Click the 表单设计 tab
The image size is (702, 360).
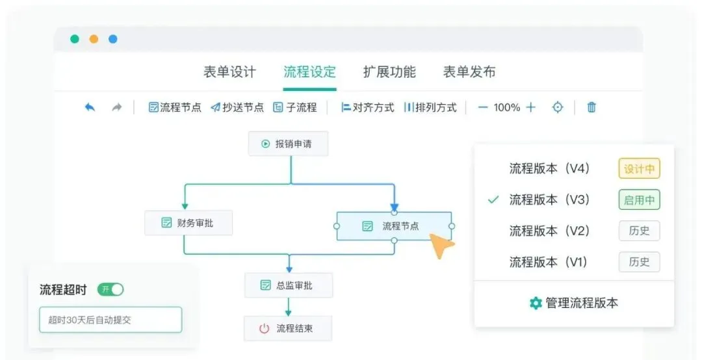click(x=229, y=72)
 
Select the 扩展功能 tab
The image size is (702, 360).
click(x=389, y=72)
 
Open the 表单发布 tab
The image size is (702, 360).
click(x=469, y=72)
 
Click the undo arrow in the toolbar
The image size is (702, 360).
click(x=90, y=107)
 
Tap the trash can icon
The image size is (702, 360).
click(x=591, y=107)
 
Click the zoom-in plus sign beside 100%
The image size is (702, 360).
click(x=531, y=107)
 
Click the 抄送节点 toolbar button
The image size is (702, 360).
click(x=237, y=107)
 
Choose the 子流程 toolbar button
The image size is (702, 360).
click(x=295, y=107)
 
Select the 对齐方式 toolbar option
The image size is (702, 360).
click(x=367, y=107)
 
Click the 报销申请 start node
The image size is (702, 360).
click(x=288, y=144)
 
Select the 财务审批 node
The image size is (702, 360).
click(x=188, y=223)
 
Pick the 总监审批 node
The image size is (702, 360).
click(x=288, y=285)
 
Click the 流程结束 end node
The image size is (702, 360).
click(x=288, y=328)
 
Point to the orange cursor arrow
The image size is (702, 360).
click(x=442, y=246)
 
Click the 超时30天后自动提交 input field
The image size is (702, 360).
click(x=110, y=320)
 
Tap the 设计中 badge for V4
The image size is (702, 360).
click(x=639, y=169)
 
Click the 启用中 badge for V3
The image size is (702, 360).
click(x=639, y=200)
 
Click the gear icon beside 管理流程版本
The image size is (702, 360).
click(x=536, y=303)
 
